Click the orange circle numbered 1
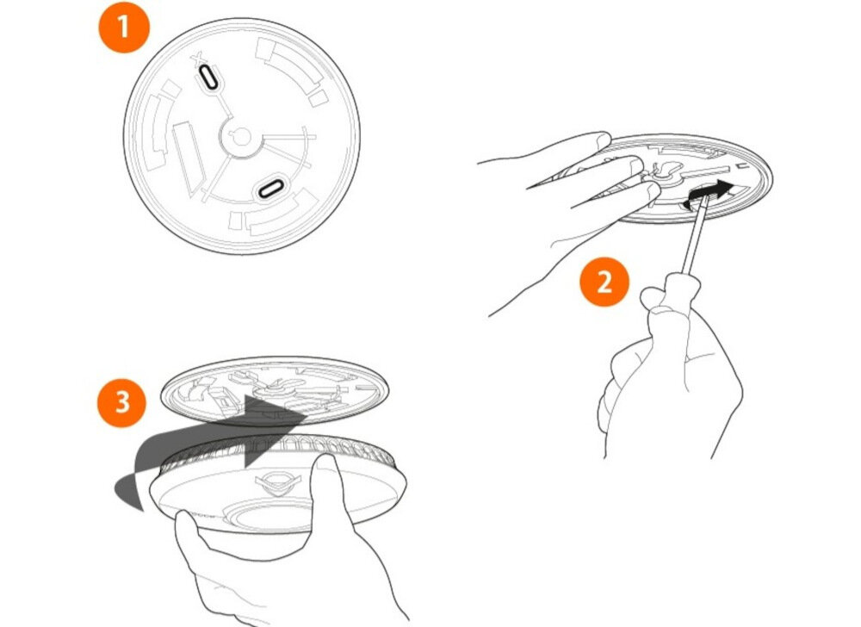[123, 27]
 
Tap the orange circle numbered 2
[604, 282]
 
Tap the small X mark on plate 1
[198, 59]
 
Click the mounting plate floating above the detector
[275, 390]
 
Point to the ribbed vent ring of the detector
[275, 448]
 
